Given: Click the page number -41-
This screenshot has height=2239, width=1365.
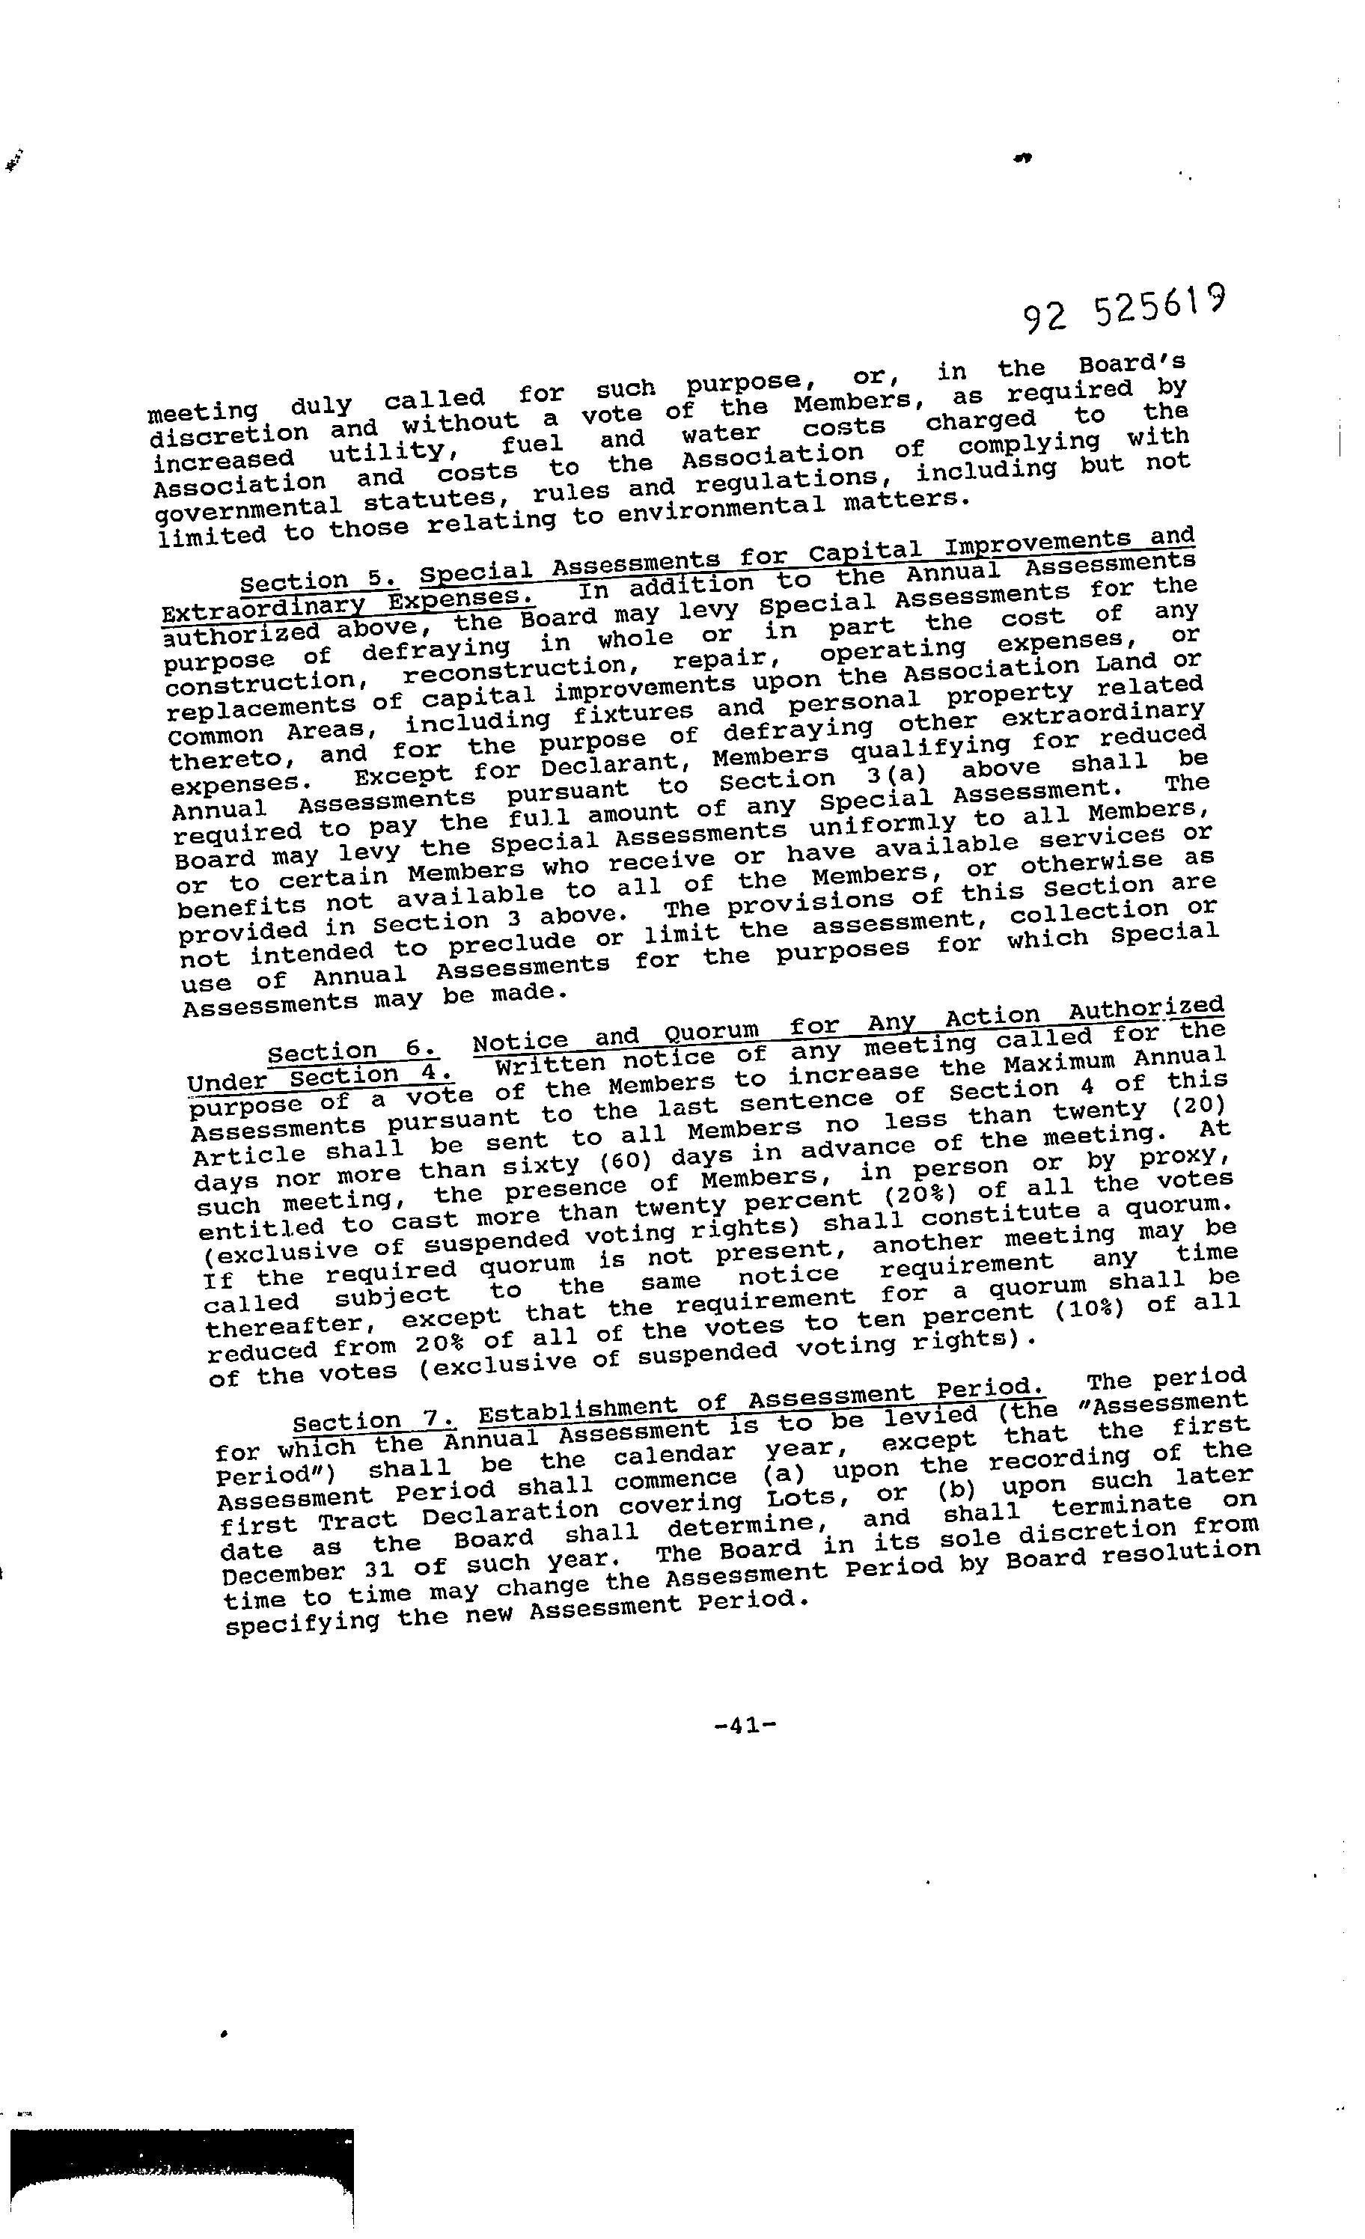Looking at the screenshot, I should point(745,1726).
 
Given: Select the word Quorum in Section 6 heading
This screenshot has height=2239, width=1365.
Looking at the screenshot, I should point(712,1031).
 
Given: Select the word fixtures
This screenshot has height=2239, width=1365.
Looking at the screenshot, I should point(632,713).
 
